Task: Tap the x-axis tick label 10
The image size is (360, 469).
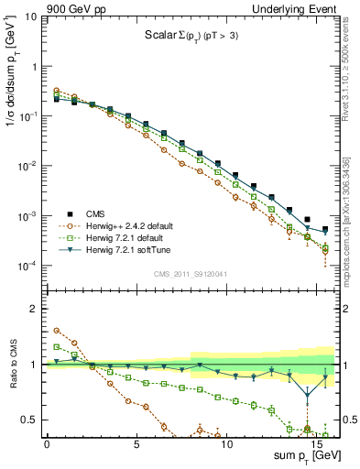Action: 226,442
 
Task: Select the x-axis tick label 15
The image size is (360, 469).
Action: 316,442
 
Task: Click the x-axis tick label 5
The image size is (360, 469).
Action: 136,442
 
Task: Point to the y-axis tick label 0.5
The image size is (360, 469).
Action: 29,420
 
